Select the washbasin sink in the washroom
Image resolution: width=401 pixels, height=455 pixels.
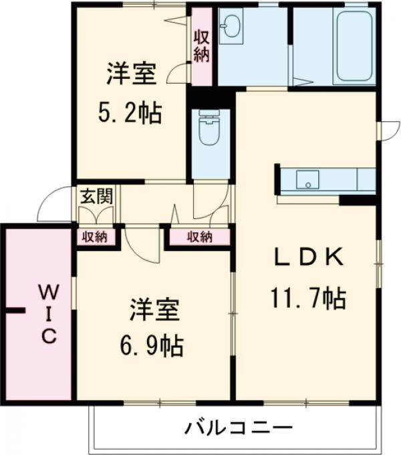coord(231,28)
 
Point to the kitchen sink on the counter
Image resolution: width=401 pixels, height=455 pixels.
coord(307,179)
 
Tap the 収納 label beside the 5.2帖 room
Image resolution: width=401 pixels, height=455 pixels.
coord(201,45)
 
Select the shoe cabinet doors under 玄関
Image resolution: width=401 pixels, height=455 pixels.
coord(96,215)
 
